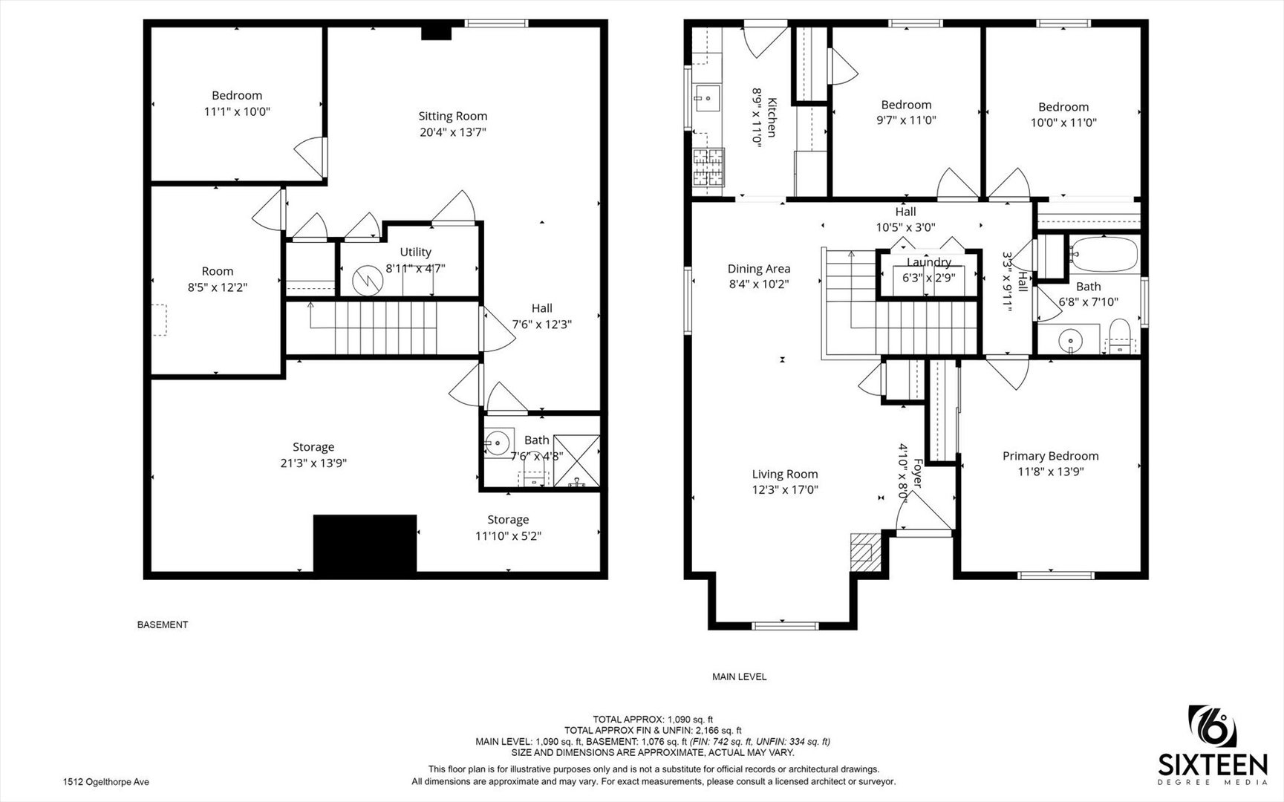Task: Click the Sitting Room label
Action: (x=452, y=116)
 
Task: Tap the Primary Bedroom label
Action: (x=1050, y=456)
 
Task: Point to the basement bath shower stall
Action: (x=576, y=460)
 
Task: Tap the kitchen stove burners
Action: (x=708, y=166)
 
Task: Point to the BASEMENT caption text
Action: (x=163, y=625)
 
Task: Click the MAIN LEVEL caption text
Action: (x=739, y=677)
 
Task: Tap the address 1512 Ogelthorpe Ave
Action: (x=106, y=782)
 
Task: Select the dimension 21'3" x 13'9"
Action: (x=313, y=463)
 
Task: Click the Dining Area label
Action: (x=759, y=269)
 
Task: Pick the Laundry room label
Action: (x=929, y=262)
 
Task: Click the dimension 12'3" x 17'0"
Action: (x=785, y=489)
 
